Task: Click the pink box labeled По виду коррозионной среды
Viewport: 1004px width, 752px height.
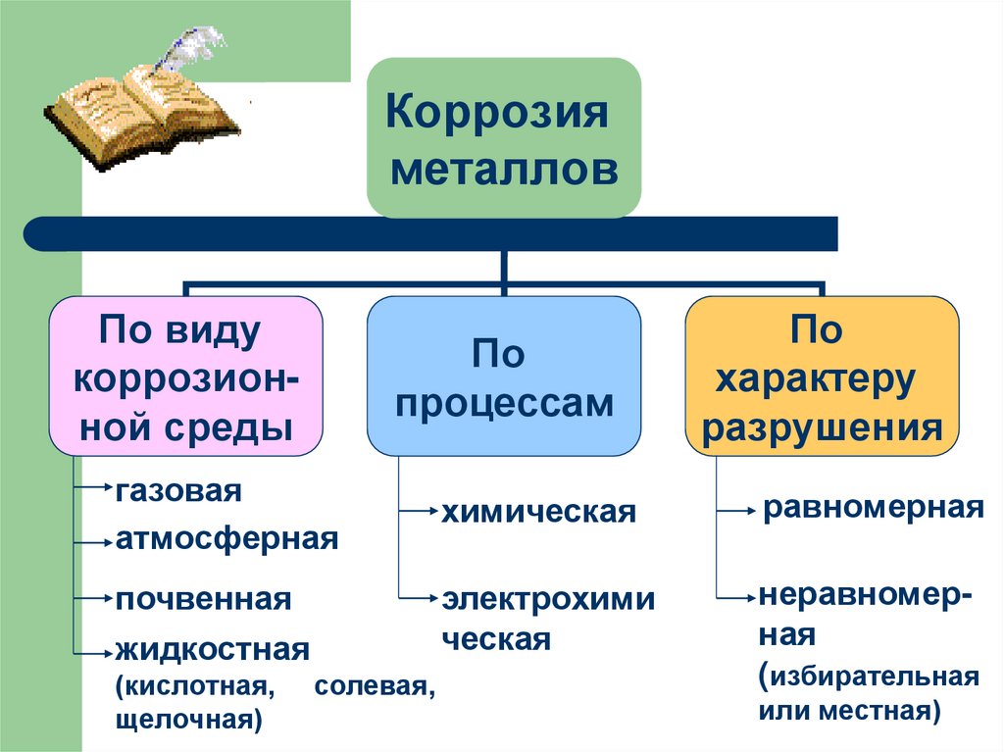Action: [x=185, y=377]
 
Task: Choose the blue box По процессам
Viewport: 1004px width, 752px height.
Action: [x=504, y=377]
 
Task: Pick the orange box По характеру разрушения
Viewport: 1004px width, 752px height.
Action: [x=822, y=377]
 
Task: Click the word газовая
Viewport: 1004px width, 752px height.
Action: [x=177, y=489]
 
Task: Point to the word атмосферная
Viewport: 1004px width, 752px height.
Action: [x=226, y=538]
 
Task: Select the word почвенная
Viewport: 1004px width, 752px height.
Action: [x=203, y=598]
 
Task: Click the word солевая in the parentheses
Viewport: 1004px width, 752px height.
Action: [x=374, y=685]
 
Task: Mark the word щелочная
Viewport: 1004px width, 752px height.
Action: [x=187, y=721]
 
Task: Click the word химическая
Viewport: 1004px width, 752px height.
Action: [x=538, y=511]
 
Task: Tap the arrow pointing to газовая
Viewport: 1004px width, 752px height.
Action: [x=94, y=484]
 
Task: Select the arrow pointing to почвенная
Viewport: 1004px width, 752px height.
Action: [x=94, y=595]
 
